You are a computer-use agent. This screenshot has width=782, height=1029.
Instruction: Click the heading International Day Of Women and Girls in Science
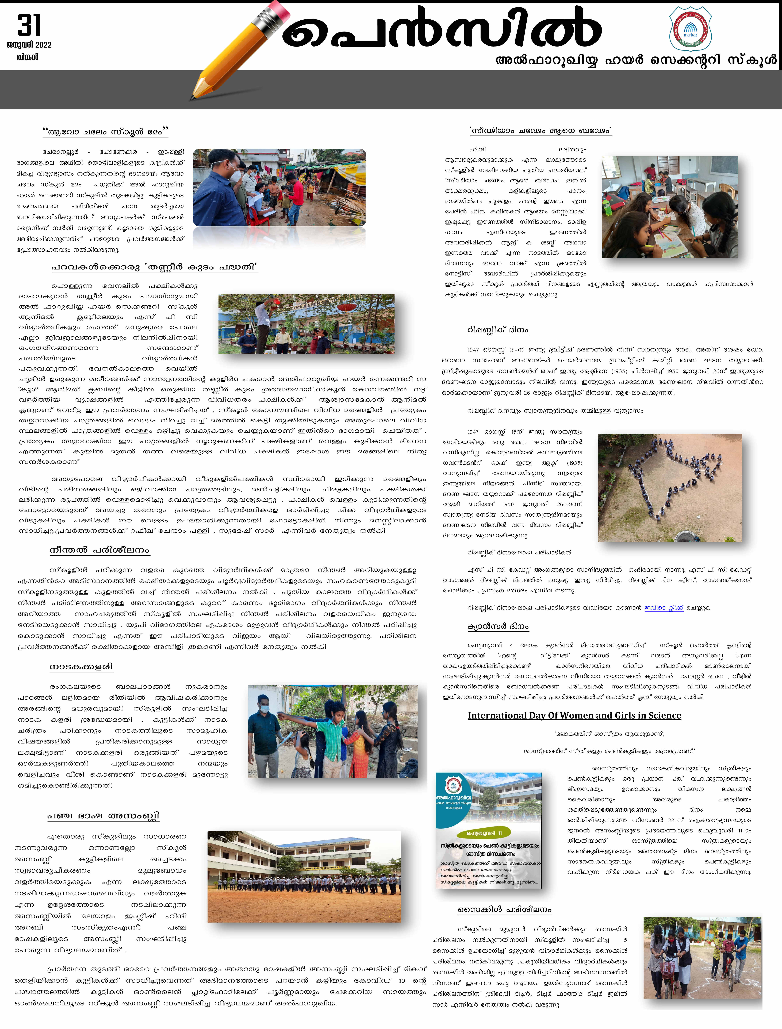coord(574,715)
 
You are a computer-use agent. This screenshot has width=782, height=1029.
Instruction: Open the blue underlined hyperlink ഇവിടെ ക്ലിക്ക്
coord(664,607)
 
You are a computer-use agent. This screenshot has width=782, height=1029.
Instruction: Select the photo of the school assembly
coord(304,876)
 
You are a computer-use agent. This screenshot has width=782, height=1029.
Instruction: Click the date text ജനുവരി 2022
coord(29,45)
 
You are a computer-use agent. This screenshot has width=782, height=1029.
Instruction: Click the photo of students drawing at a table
coord(669,207)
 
